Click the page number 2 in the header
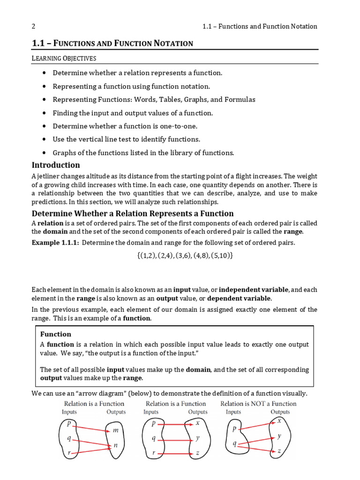(x=33, y=26)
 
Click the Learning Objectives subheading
(x=64, y=58)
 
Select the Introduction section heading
(x=56, y=165)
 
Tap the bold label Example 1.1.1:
(x=55, y=242)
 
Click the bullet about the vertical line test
(x=126, y=139)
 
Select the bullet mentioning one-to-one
(x=125, y=126)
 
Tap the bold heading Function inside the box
(x=56, y=334)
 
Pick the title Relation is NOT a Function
(x=258, y=404)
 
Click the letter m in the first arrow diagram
(x=116, y=430)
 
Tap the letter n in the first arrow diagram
(x=116, y=446)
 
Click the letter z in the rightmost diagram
(x=279, y=450)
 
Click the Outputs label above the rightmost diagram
(x=280, y=412)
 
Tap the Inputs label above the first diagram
(x=69, y=412)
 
